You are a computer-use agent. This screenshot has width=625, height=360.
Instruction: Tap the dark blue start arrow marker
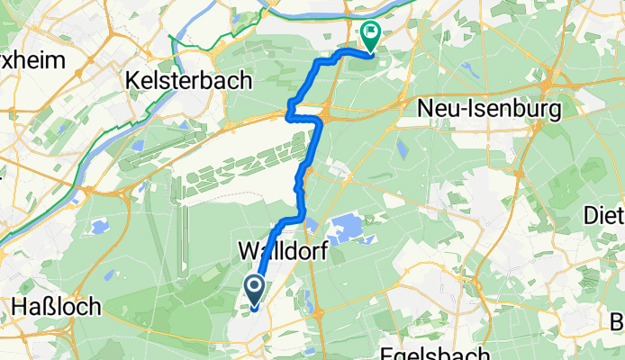[x=254, y=290]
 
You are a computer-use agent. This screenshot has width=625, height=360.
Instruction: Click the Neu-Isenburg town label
[x=489, y=110]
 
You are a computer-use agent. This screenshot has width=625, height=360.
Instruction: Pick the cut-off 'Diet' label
[x=604, y=216]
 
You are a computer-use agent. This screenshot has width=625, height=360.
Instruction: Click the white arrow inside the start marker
[x=254, y=289]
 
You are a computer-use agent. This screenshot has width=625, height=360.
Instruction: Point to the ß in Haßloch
[x=46, y=306]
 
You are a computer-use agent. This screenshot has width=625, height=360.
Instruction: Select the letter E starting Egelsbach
[x=384, y=352]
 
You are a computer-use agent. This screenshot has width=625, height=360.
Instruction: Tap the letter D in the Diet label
[x=592, y=216]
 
